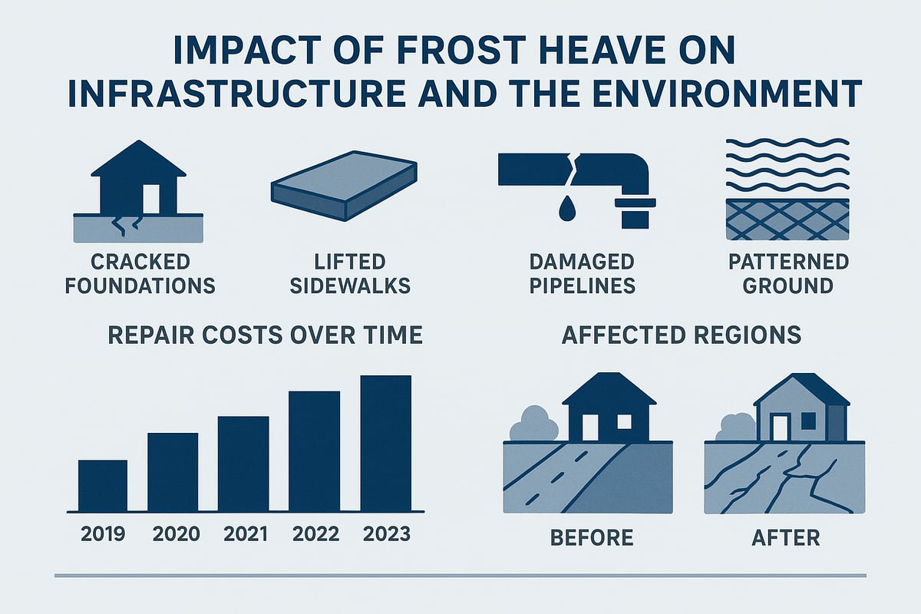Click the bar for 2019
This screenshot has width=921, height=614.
tap(103, 486)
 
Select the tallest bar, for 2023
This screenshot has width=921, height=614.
tap(385, 444)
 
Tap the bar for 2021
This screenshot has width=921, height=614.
tap(243, 464)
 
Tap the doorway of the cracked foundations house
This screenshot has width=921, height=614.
tap(151, 199)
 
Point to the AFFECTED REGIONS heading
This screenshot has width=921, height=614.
tap(682, 335)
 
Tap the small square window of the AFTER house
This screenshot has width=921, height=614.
tap(807, 421)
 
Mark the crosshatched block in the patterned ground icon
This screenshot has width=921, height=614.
tap(787, 220)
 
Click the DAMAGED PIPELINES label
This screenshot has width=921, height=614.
tap(583, 274)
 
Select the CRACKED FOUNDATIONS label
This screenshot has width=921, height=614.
tap(140, 274)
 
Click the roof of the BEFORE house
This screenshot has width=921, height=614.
tap(609, 389)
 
